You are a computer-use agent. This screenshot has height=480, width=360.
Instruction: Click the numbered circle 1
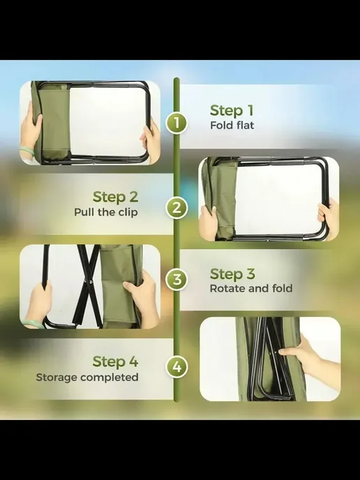pos(177,123)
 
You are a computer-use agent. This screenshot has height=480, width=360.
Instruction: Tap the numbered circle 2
pos(177,208)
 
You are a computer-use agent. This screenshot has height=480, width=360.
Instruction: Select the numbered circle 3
pos(177,280)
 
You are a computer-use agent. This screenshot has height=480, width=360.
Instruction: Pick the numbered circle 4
pos(177,367)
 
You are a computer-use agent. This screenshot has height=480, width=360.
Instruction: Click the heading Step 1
pos(232,110)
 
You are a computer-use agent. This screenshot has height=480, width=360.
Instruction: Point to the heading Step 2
pos(115,197)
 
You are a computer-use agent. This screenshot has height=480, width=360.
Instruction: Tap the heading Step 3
pos(232,274)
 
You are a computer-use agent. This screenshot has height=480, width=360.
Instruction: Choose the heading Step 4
pos(115,361)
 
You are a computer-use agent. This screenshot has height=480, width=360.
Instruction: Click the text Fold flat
pos(232,125)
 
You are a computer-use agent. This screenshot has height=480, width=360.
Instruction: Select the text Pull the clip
pos(106,212)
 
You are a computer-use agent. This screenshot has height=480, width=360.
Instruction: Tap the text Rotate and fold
pos(251,288)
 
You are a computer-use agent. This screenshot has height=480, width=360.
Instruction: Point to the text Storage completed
pos(87,377)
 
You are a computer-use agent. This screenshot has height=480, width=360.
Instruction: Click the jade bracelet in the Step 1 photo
pos(27,150)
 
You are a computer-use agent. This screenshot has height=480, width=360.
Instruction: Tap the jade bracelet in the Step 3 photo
pos(33,324)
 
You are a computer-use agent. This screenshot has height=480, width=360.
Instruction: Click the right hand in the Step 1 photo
pos(151,142)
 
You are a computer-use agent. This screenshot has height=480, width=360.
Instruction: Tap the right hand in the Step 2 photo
pos(329,218)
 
